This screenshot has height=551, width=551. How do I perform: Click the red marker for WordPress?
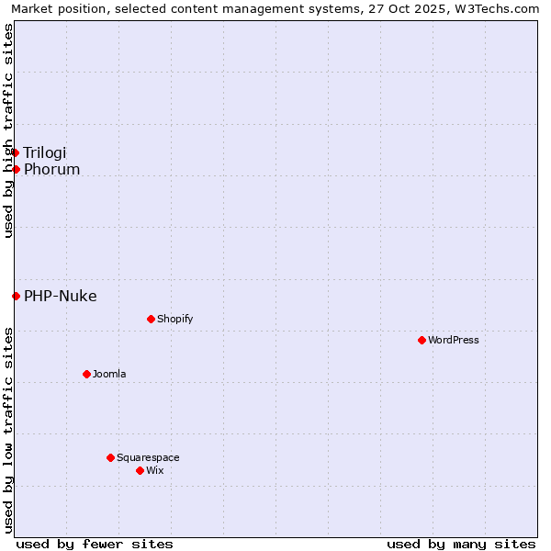point(422,340)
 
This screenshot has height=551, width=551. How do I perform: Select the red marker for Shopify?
point(151,319)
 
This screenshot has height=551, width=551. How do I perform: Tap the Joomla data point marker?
point(86,374)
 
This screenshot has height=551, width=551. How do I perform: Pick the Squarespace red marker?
point(110,457)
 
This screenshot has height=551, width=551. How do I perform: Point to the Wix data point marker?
point(140,470)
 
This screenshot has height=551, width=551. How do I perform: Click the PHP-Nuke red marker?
point(16,296)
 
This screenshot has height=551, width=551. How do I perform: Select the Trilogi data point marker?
point(15,152)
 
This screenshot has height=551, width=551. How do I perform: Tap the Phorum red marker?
point(16,169)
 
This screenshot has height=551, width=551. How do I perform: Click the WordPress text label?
point(454,340)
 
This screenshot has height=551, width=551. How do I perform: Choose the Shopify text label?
point(175,319)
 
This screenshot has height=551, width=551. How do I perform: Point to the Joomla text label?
point(109,374)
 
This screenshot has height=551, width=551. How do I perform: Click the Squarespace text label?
point(148,457)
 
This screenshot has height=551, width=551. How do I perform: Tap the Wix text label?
point(155,470)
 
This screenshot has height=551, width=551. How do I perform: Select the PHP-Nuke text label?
point(61,296)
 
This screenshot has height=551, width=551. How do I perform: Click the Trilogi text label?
point(45,152)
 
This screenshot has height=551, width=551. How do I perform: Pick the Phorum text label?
point(52,169)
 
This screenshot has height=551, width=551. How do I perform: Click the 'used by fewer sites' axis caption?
point(95,544)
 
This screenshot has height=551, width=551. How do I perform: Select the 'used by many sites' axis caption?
point(461,544)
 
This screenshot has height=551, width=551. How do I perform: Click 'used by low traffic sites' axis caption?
point(8,429)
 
